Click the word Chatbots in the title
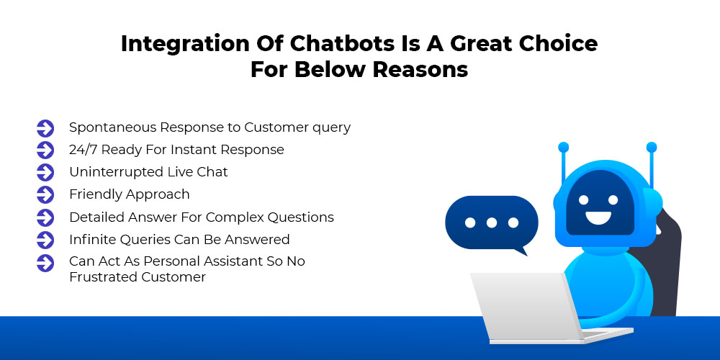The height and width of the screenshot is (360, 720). (x=342, y=44)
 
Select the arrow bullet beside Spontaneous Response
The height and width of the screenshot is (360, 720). (x=45, y=128)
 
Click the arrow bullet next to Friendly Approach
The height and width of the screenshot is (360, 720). (x=45, y=194)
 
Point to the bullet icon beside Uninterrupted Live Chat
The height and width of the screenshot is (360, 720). (x=45, y=173)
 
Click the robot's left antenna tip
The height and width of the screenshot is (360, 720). (x=564, y=148)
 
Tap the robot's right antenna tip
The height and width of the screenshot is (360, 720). (x=651, y=148)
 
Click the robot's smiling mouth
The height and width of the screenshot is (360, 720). (x=598, y=217)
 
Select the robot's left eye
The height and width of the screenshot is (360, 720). (x=584, y=200)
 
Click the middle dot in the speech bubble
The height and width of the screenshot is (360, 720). (x=492, y=222)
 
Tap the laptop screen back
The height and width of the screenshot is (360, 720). (x=525, y=306)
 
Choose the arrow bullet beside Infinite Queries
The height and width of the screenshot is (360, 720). (x=45, y=240)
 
